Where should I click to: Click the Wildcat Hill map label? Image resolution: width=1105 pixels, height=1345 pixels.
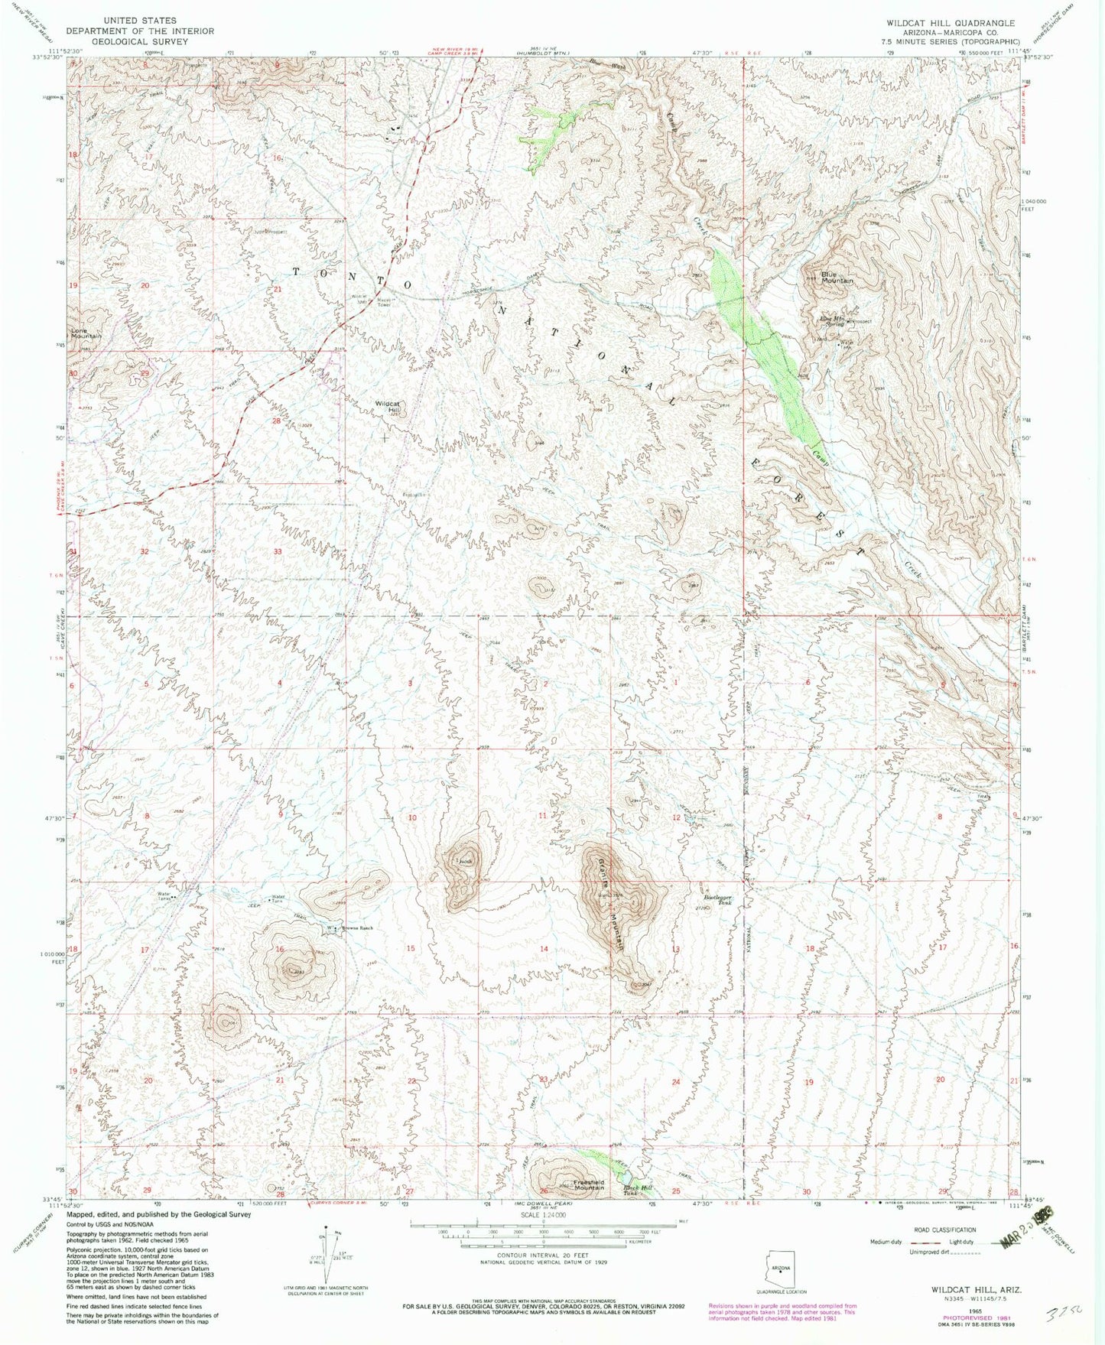(x=388, y=407)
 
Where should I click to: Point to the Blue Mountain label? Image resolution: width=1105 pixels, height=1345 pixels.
(x=837, y=278)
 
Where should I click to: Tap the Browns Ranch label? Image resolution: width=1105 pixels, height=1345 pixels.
(x=356, y=928)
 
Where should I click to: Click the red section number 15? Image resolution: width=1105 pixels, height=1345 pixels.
(x=411, y=948)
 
